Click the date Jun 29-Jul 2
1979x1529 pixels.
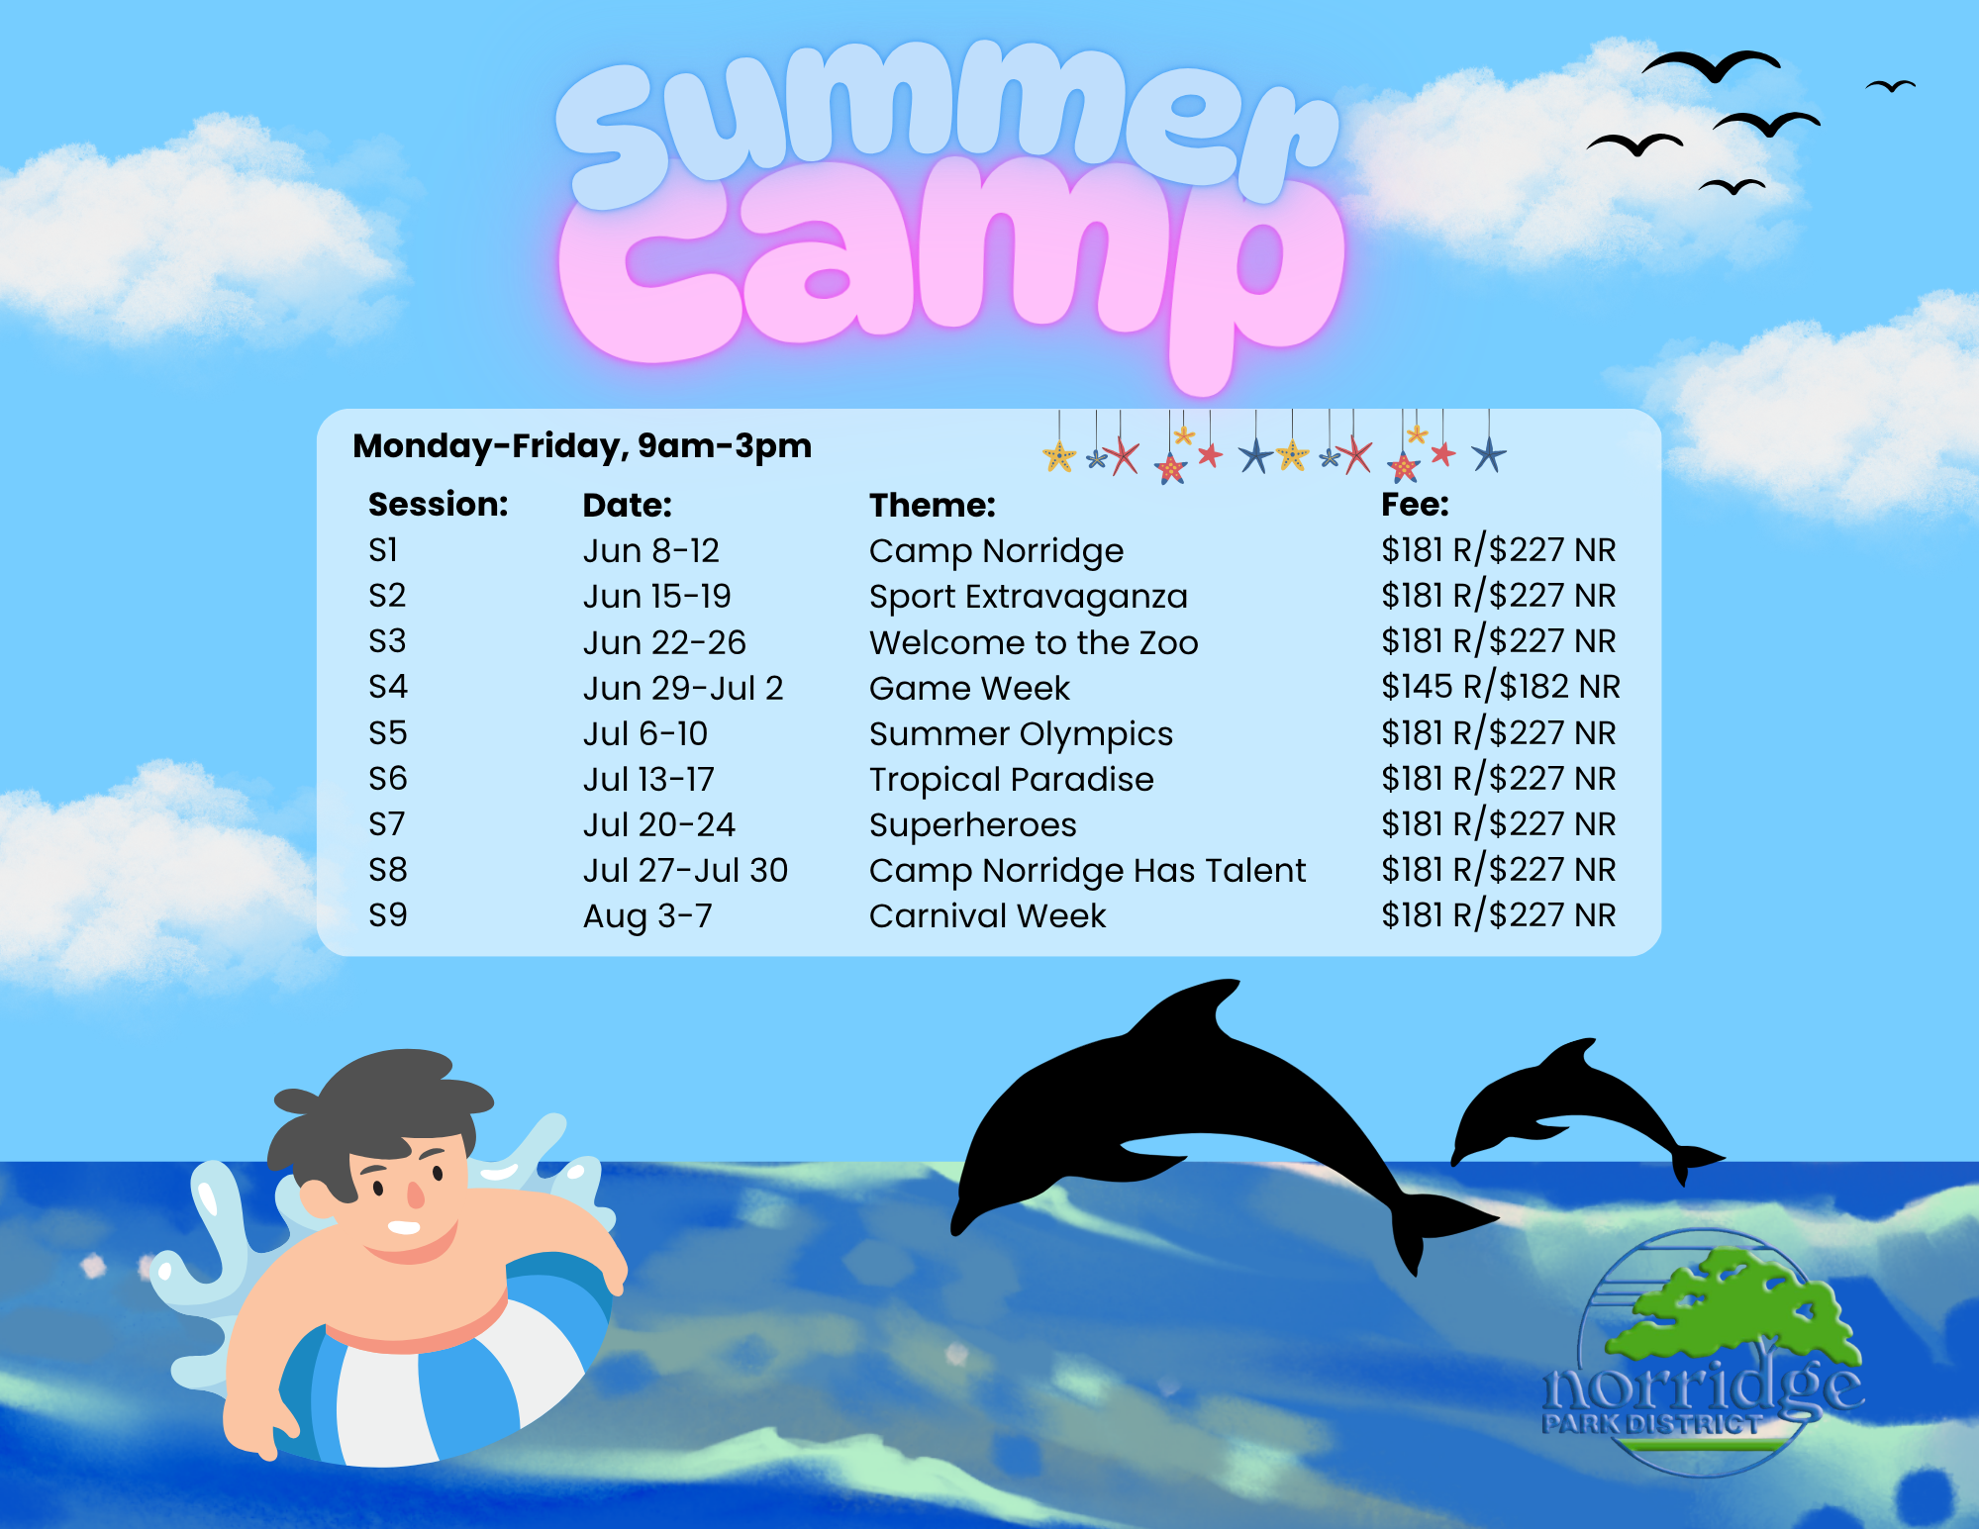[x=683, y=688]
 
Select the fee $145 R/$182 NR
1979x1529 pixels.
[x=1501, y=687]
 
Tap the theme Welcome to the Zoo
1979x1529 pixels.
[x=1034, y=642]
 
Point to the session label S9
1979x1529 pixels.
[x=387, y=914]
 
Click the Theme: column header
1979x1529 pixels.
[x=933, y=505]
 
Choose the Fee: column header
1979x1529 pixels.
[x=1415, y=505]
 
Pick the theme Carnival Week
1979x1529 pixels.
[x=987, y=915]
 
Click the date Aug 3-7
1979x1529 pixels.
[x=647, y=916]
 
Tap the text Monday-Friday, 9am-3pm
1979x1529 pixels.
[x=582, y=446]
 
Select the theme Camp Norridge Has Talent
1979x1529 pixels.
[x=1087, y=871]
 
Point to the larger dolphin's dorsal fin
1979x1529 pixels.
[x=1193, y=1009]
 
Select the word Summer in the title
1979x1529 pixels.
[x=945, y=119]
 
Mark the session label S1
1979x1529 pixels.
[x=382, y=549]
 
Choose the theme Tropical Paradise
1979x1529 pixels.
[x=1011, y=780]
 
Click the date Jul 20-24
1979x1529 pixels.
[x=658, y=824]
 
